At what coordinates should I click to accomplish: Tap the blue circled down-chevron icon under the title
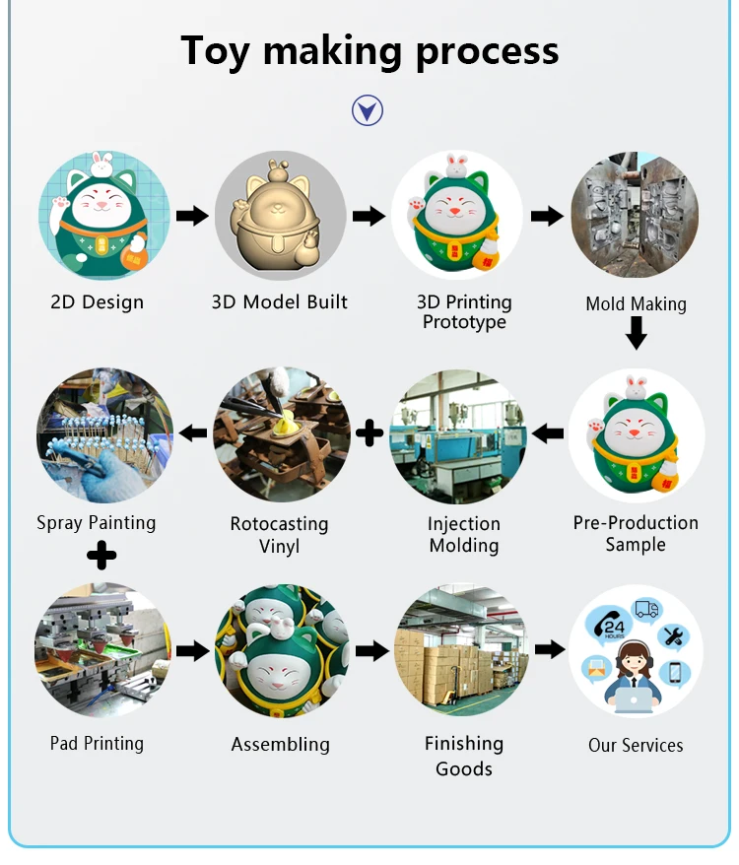pyautogui.click(x=368, y=110)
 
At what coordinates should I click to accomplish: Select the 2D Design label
pyautogui.click(x=97, y=302)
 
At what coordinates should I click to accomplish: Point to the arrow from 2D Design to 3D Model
pyautogui.click(x=192, y=216)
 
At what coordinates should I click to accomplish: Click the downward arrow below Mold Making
pyautogui.click(x=637, y=335)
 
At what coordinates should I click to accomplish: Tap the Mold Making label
pyautogui.click(x=636, y=303)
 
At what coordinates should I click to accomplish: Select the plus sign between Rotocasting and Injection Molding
pyautogui.click(x=369, y=432)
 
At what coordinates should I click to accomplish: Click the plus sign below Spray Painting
pyautogui.click(x=101, y=556)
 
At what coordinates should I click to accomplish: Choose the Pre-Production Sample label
pyautogui.click(x=636, y=533)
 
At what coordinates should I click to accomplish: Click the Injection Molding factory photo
pyautogui.click(x=458, y=436)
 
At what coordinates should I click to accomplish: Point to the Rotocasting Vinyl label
pyautogui.click(x=279, y=534)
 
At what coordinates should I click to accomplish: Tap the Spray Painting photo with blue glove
pyautogui.click(x=104, y=435)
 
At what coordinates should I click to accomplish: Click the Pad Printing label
pyautogui.click(x=97, y=743)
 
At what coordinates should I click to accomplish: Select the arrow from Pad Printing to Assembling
pyautogui.click(x=192, y=650)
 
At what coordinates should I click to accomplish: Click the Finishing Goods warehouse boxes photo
pyautogui.click(x=460, y=650)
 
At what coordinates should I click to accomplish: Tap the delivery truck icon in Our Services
pyautogui.click(x=646, y=609)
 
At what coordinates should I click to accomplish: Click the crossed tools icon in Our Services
pyautogui.click(x=674, y=636)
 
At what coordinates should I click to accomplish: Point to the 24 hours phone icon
pyautogui.click(x=609, y=625)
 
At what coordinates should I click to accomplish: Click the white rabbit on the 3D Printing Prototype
pyautogui.click(x=455, y=165)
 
